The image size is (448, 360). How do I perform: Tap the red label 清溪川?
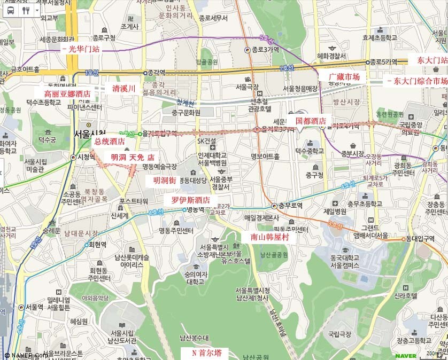tap(123, 88)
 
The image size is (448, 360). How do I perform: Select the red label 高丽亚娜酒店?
tap(67, 93)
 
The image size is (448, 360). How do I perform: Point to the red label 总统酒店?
tap(109, 142)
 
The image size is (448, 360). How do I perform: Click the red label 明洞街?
tap(164, 181)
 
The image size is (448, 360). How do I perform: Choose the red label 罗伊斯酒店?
tap(190, 200)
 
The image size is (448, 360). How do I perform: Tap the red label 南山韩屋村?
tap(268, 237)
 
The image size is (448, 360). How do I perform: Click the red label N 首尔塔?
tap(210, 353)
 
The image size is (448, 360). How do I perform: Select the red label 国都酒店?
tap(311, 121)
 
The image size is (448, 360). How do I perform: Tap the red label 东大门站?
tap(432, 60)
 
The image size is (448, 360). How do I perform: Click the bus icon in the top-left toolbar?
tap(10, 10)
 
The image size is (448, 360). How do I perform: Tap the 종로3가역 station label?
tap(265, 50)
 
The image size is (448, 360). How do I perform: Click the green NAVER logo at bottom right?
tap(406, 355)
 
